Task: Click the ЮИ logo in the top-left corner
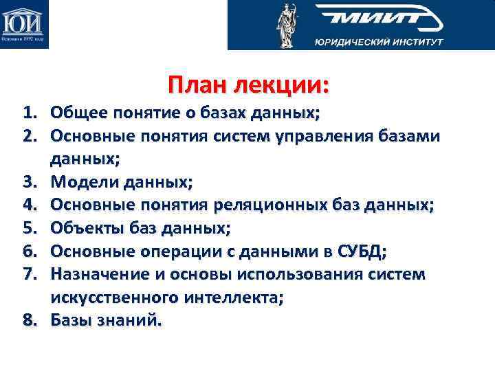tap(24, 25)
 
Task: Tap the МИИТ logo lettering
tap(374, 19)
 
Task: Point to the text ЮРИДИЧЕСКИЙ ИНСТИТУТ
tap(379, 42)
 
